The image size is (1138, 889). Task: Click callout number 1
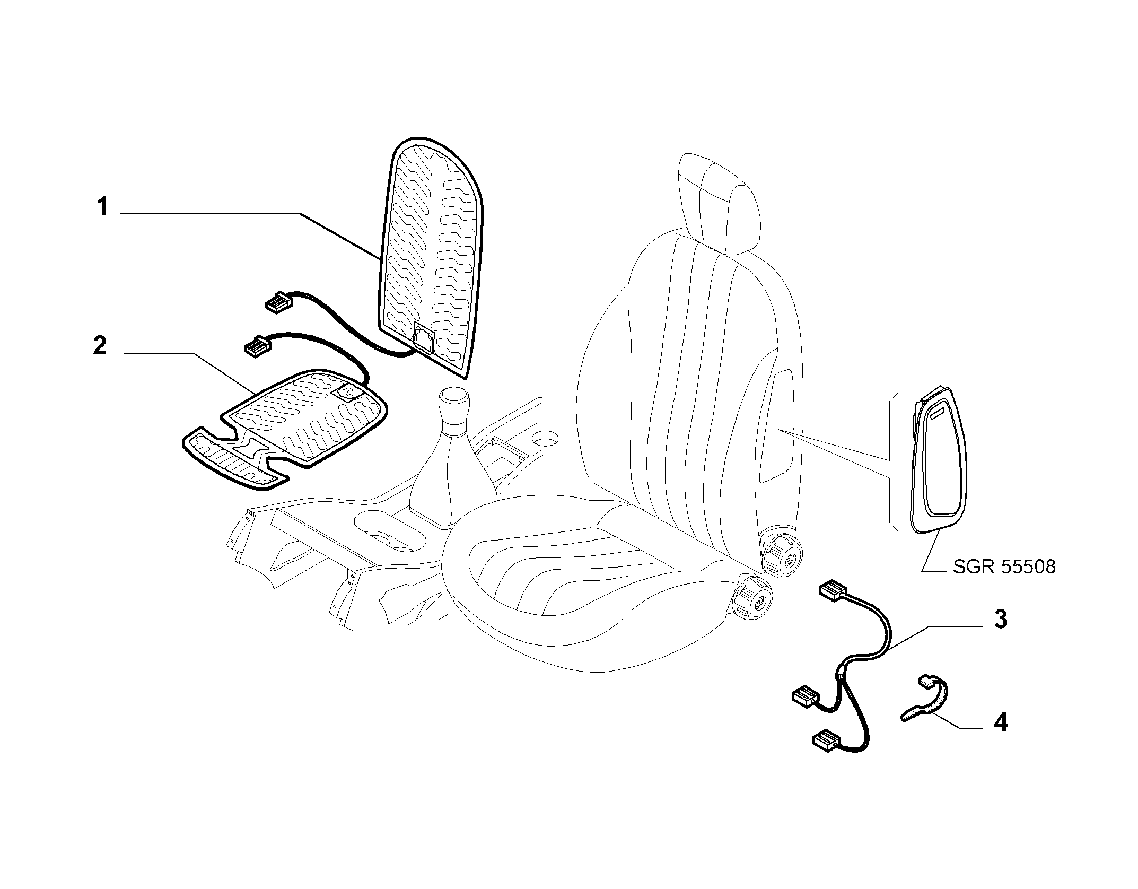[102, 206]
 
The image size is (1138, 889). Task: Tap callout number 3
[1000, 620]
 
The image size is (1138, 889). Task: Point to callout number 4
[1000, 722]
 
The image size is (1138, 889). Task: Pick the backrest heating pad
[430, 259]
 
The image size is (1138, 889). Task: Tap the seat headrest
[721, 202]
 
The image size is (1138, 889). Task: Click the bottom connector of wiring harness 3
[827, 739]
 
